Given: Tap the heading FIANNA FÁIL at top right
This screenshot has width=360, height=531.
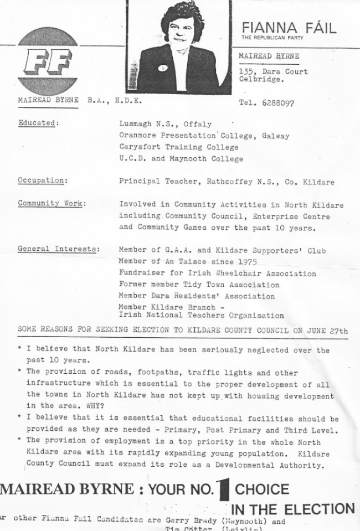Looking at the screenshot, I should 289,28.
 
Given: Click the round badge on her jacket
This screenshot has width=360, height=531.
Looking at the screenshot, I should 163,69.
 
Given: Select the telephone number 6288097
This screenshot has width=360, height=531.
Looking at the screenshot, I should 275,103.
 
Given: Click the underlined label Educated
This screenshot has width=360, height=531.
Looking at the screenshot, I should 37,123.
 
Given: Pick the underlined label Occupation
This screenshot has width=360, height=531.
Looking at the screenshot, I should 43,181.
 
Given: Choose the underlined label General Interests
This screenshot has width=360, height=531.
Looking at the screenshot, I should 59,249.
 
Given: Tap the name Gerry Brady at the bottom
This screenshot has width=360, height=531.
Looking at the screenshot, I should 191,521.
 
